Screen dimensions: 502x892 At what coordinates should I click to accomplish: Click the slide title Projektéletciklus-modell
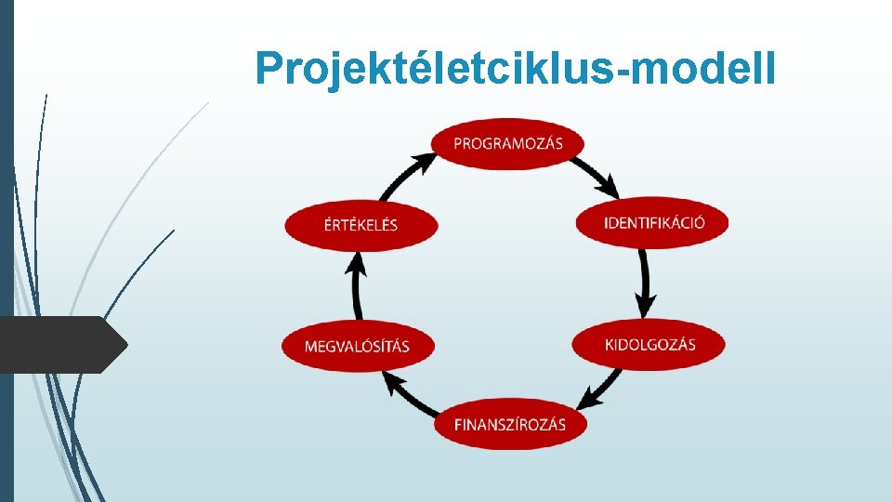pyautogui.click(x=515, y=67)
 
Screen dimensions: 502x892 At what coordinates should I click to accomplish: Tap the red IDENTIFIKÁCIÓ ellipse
pyautogui.click(x=653, y=223)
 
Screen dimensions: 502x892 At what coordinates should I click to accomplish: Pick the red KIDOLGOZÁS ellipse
pyautogui.click(x=649, y=345)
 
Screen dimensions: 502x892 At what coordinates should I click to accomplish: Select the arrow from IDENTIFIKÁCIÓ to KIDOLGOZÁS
pyautogui.click(x=645, y=282)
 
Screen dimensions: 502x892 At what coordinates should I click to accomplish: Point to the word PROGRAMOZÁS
pyautogui.click(x=508, y=143)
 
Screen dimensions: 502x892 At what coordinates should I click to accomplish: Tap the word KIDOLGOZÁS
pyautogui.click(x=649, y=345)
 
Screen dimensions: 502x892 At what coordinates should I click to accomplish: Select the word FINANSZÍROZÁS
pyautogui.click(x=510, y=425)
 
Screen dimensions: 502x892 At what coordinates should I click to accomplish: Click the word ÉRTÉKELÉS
pyautogui.click(x=361, y=225)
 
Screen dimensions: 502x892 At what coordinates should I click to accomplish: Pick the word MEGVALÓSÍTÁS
pyautogui.click(x=357, y=347)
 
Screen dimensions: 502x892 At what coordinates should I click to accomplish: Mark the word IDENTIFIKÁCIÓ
pyautogui.click(x=654, y=223)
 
